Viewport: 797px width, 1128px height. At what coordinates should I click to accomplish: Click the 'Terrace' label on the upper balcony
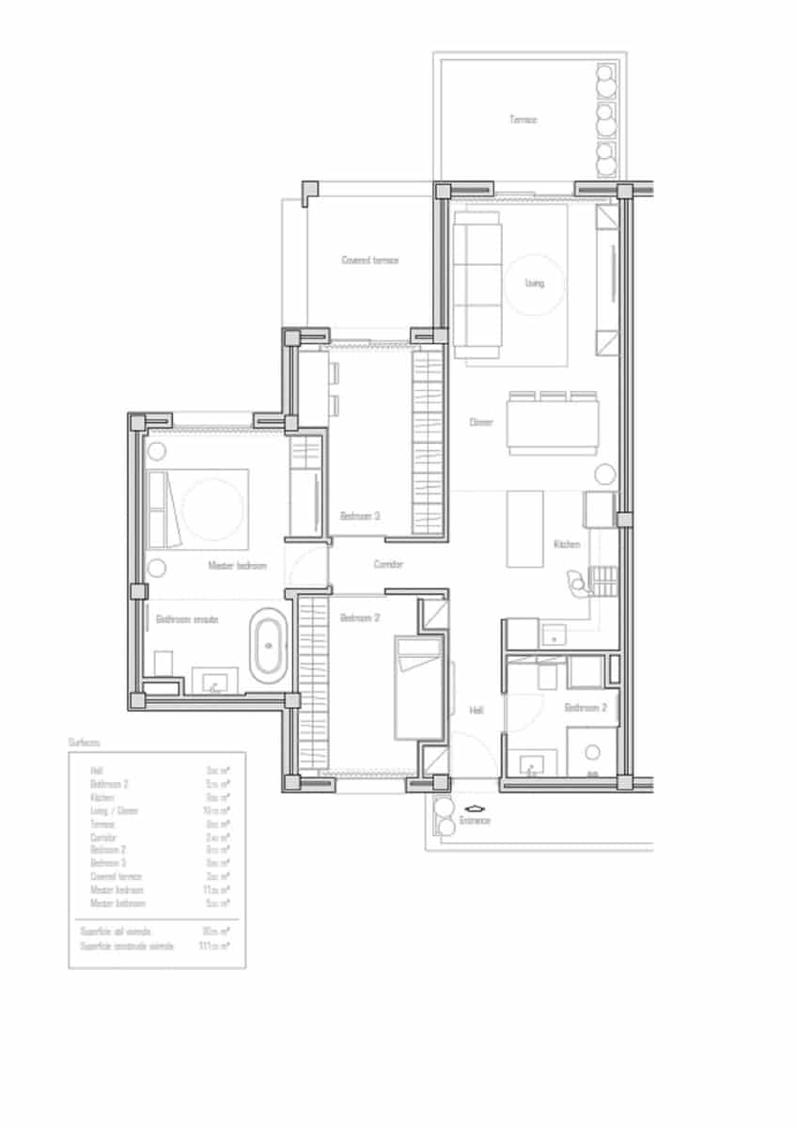(x=523, y=119)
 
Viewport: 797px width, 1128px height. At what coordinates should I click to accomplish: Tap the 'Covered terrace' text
(x=369, y=259)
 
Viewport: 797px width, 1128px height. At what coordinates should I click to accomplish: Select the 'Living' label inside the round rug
(x=534, y=283)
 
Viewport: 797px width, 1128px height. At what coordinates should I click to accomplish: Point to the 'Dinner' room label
(x=481, y=422)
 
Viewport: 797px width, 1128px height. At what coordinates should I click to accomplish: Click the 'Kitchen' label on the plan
(x=566, y=544)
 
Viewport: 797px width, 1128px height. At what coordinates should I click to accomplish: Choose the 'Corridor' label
(x=388, y=564)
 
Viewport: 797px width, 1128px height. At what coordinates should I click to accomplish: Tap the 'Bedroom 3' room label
(x=360, y=516)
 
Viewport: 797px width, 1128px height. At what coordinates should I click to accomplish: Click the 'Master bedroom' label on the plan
(x=237, y=566)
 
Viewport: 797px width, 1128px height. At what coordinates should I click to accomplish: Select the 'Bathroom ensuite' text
(x=187, y=619)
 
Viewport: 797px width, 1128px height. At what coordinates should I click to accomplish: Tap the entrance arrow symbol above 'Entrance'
(x=475, y=807)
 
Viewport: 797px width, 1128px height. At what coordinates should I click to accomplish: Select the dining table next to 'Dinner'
(x=552, y=422)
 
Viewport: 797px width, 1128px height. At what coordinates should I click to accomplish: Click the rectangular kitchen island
(x=525, y=528)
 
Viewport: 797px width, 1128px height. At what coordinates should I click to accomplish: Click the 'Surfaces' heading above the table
(x=84, y=742)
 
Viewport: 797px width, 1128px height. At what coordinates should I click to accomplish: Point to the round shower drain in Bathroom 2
(x=592, y=752)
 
